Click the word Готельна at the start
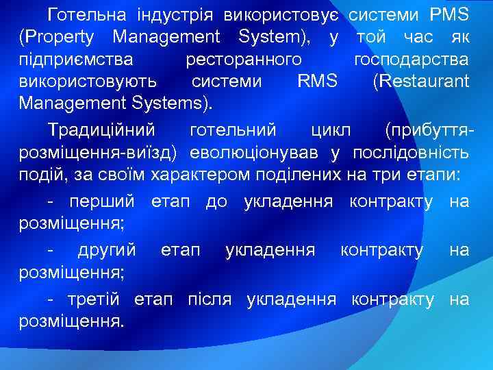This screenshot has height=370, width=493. pyautogui.click(x=92, y=14)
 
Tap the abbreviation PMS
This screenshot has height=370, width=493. pyautogui.click(x=449, y=14)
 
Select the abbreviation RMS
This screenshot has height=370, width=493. pyautogui.click(x=318, y=82)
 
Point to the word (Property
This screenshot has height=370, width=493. pyautogui.click(x=61, y=36)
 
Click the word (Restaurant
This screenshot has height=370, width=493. pyautogui.click(x=421, y=82)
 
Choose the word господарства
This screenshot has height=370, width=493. pyautogui.click(x=412, y=59)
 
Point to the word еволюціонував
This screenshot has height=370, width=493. pyautogui.click(x=266, y=152)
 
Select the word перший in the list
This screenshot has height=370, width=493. pyautogui.click(x=103, y=201)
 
